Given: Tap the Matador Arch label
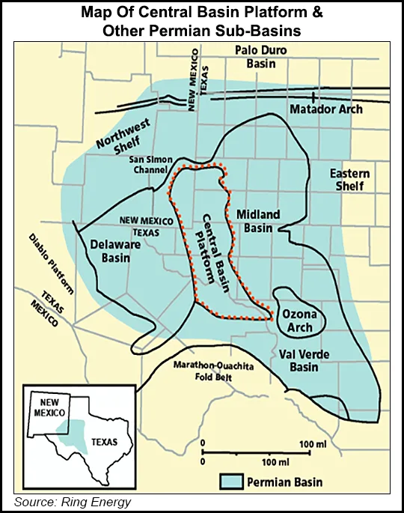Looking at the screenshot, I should click(x=325, y=109).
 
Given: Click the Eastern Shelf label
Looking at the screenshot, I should click(x=350, y=180).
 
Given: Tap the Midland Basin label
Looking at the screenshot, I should click(x=258, y=221).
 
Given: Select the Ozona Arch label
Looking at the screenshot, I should click(x=300, y=321).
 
